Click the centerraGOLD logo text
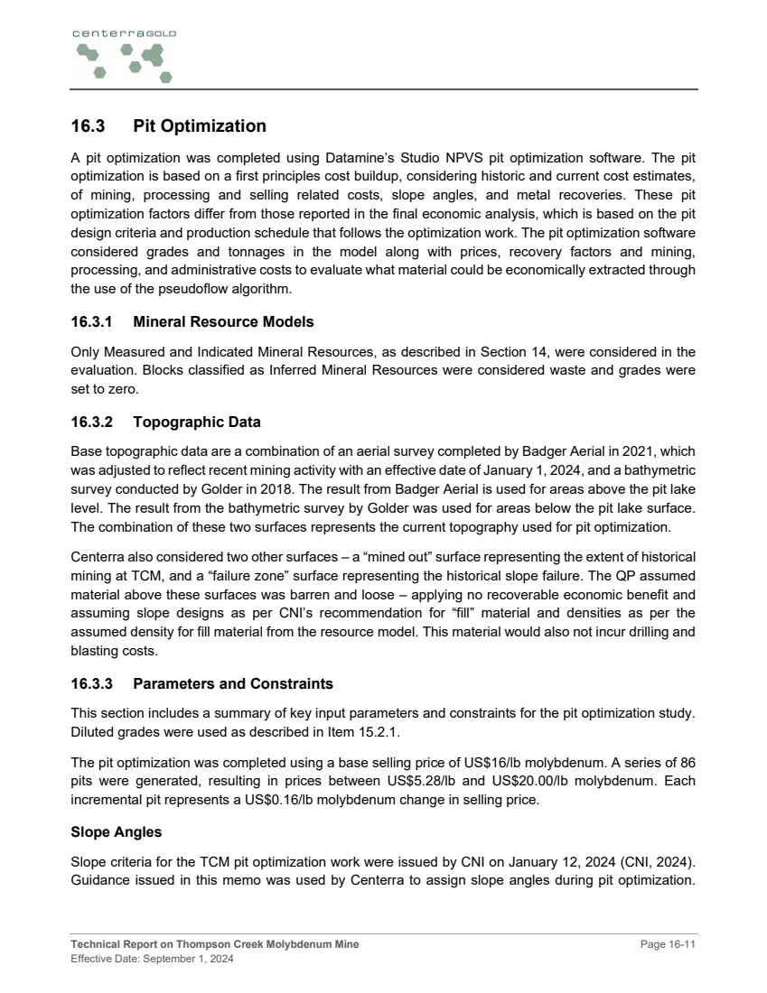coord(124,33)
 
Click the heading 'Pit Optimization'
coord(199,126)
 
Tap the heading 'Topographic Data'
coord(197,422)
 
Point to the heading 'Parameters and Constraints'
coord(233,683)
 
